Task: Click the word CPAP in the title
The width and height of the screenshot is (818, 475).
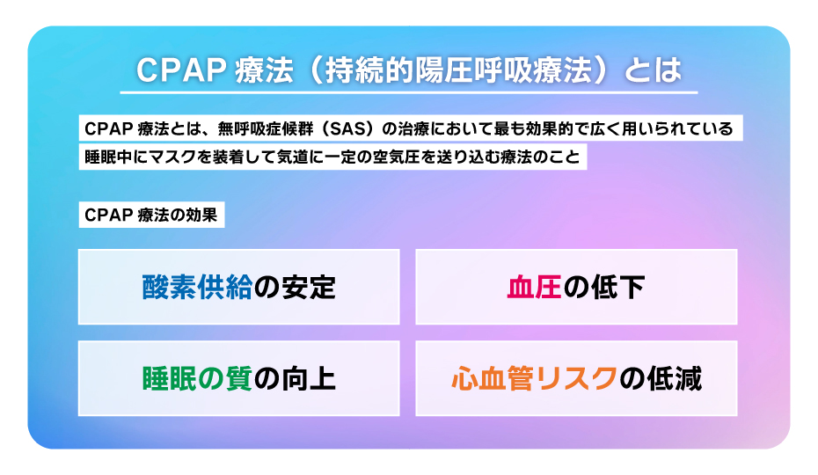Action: [x=179, y=70]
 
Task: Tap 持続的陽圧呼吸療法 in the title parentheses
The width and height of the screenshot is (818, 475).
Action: [x=465, y=70]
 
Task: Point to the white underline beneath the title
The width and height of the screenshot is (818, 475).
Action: [x=408, y=91]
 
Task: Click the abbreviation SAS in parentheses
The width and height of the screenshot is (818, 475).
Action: [x=345, y=128]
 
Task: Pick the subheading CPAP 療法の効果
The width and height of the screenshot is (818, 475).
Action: [x=150, y=216]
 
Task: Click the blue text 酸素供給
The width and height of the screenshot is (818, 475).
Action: [x=197, y=288]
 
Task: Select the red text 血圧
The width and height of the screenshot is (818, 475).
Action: [x=534, y=288]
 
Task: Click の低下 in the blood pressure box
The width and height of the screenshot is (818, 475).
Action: [x=603, y=288]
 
